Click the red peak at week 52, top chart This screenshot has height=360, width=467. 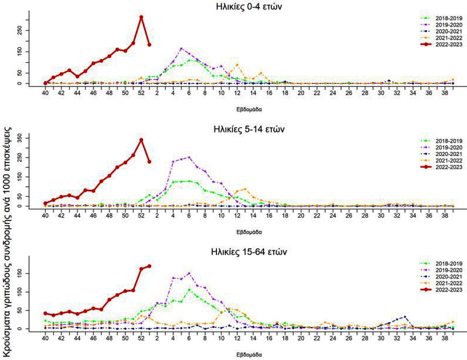[x=141, y=17]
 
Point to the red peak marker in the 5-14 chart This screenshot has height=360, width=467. [x=141, y=140]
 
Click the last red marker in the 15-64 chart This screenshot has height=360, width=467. [x=149, y=266]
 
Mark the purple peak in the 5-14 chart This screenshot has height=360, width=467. [x=189, y=157]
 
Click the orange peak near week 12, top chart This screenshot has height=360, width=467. [x=237, y=64]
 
